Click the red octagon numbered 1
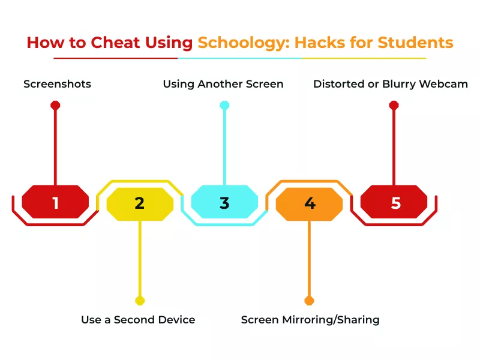55,202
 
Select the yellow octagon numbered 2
140,203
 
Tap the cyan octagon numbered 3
224,202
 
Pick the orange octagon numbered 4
310,203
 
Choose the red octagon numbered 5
394,202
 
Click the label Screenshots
58,84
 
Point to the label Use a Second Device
138,320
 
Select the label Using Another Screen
223,84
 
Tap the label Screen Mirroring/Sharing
310,320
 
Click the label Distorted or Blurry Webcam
391,84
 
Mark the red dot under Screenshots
55,105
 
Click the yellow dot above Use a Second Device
140,300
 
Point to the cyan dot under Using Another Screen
224,105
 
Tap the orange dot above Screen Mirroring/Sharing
310,300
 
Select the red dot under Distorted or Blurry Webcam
394,105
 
